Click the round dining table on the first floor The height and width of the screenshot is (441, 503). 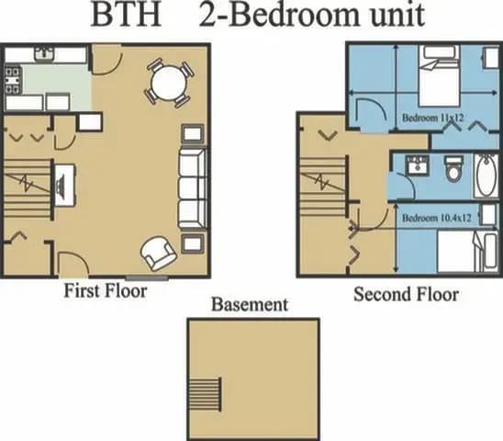pos(170,83)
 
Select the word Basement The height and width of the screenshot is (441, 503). pos(249,304)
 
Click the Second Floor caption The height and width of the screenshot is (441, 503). pos(406,295)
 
